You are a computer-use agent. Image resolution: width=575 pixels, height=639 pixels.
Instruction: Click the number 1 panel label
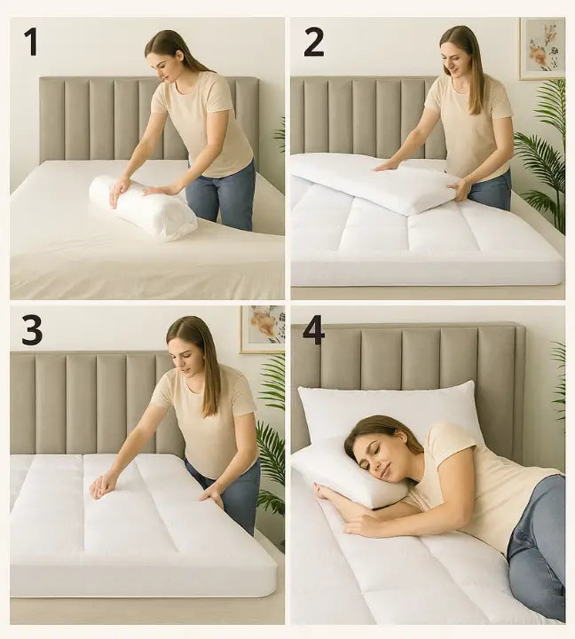point(30,42)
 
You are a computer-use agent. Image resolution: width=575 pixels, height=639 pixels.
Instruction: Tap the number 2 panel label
point(314,43)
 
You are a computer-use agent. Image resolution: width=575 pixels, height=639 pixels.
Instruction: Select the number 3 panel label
point(32,330)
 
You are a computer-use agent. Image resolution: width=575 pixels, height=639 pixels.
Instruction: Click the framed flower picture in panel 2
point(542,49)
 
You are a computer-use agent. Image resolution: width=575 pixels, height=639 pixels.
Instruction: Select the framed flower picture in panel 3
point(262,329)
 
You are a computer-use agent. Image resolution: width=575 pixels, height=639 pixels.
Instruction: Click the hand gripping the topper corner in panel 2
point(458,190)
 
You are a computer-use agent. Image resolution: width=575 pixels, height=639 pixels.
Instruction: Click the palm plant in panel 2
point(543,154)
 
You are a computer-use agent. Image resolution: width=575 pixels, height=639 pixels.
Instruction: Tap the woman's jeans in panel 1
point(223,195)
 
